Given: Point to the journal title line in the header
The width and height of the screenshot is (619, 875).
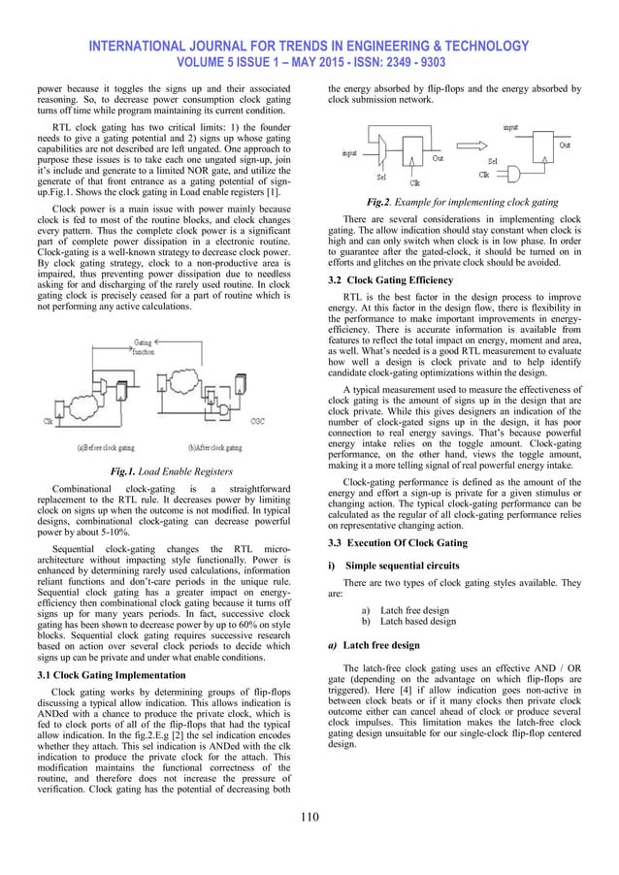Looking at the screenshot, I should click(309, 46).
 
